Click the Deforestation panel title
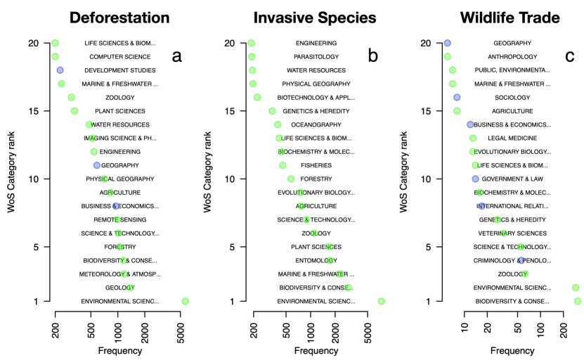click(x=120, y=17)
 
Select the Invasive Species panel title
click(x=316, y=17)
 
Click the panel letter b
click(x=372, y=57)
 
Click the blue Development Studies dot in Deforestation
click(x=60, y=70)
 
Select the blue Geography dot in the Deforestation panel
click(x=97, y=165)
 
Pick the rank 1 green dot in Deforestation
click(x=185, y=301)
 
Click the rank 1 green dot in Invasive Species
click(x=381, y=301)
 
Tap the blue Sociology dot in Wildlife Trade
click(x=457, y=98)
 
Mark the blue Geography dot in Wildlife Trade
click(x=447, y=43)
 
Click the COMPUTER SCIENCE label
click(x=120, y=57)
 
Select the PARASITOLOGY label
click(x=316, y=57)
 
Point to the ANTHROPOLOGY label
click(x=512, y=57)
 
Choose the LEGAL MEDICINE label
click(x=512, y=139)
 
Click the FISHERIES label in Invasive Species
click(x=316, y=165)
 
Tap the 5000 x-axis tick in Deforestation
click(x=182, y=330)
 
